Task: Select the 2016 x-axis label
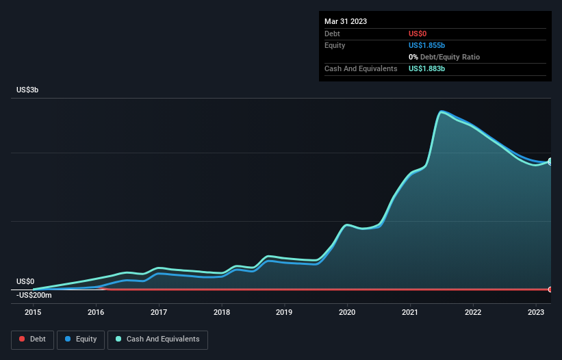[96, 312]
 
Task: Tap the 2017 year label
[159, 312]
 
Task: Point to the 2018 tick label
[222, 312]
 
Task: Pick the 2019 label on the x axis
[284, 312]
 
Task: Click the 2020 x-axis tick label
[347, 312]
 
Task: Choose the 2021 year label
[410, 312]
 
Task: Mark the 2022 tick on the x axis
[473, 312]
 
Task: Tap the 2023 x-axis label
[536, 312]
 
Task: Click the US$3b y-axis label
[27, 90]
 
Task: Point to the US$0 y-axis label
[25, 282]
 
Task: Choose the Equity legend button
[81, 339]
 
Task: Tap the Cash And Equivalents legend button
[157, 339]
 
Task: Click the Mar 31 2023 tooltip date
[346, 21]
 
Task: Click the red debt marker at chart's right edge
[550, 290]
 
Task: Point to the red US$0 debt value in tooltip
[418, 34]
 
